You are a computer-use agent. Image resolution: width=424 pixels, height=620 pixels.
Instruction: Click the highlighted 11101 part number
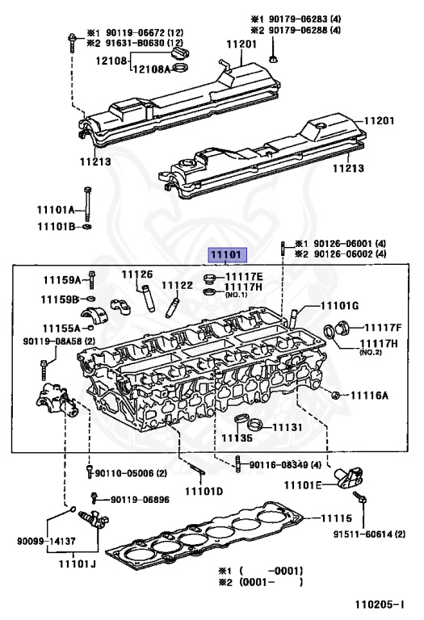[x=228, y=255]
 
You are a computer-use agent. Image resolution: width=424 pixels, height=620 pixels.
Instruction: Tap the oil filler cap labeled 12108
[x=182, y=53]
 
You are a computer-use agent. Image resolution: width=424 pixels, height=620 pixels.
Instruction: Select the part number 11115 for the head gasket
[x=336, y=518]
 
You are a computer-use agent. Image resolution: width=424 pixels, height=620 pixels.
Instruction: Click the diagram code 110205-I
[x=380, y=604]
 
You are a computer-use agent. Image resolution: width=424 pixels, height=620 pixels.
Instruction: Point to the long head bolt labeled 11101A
[x=87, y=205]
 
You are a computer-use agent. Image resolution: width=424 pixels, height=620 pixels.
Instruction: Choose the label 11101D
[x=204, y=491]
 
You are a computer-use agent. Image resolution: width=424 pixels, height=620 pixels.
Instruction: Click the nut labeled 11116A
[x=335, y=395]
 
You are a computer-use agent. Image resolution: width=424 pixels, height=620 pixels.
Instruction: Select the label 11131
[x=288, y=427]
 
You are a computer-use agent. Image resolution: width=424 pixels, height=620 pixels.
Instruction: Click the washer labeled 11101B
[x=87, y=227]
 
